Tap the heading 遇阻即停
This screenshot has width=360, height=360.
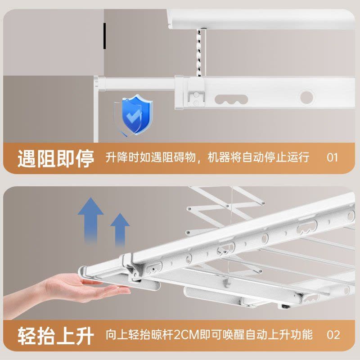click(x=56, y=158)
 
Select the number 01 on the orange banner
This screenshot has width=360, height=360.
click(x=332, y=158)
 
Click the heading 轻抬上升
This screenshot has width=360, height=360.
click(x=56, y=336)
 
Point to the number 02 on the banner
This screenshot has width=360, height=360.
click(x=333, y=335)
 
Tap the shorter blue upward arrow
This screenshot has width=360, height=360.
click(x=120, y=229)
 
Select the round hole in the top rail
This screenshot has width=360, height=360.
click(x=307, y=97)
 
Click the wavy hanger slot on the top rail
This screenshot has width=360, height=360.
click(x=231, y=99)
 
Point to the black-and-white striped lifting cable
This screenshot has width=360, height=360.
click(x=199, y=52)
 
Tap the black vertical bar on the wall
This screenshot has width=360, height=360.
click(x=104, y=36)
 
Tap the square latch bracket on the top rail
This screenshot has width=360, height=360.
click(x=196, y=92)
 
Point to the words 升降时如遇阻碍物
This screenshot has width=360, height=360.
click(x=151, y=157)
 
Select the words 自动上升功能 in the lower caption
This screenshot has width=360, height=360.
click(x=279, y=335)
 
